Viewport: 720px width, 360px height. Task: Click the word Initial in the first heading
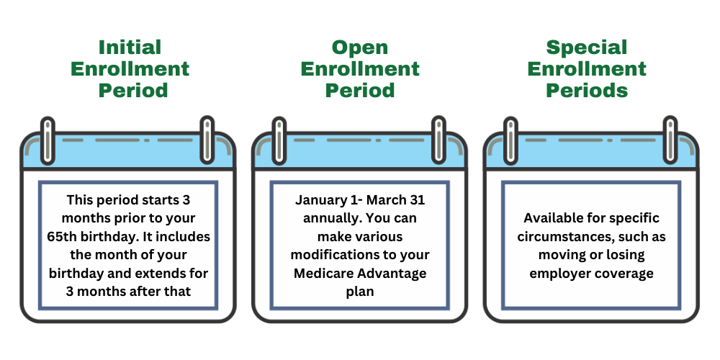[130, 48]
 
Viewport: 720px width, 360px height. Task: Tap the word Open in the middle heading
[360, 48]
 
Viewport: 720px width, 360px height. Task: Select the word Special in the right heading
[587, 48]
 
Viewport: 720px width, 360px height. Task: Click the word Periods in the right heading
[587, 91]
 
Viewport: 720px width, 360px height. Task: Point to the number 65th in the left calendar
[71, 235]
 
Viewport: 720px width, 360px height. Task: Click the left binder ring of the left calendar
[48, 138]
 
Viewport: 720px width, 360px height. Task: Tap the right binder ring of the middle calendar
[438, 138]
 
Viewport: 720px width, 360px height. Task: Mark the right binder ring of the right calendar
[670, 138]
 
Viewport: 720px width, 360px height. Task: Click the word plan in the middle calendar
[360, 292]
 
